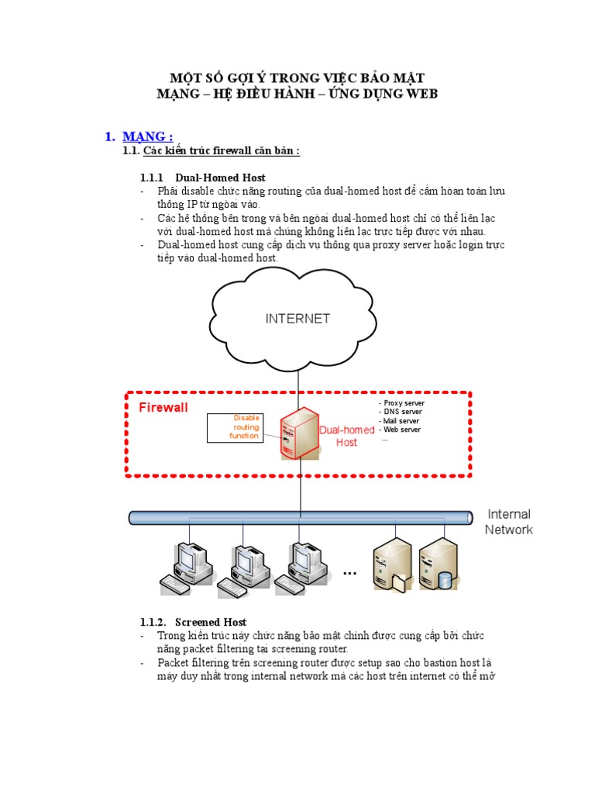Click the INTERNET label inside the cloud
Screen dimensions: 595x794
297,319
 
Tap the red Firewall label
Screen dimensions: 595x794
163,407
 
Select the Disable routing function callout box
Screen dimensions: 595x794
235,428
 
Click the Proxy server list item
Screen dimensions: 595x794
401,403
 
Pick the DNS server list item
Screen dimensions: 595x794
400,412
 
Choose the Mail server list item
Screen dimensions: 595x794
400,420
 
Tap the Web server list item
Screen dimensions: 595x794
400,429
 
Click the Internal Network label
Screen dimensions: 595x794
509,522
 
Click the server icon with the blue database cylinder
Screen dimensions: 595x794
438,564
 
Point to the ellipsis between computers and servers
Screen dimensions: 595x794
349,573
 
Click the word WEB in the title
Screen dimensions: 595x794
421,94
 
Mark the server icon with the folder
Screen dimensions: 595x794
390,564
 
